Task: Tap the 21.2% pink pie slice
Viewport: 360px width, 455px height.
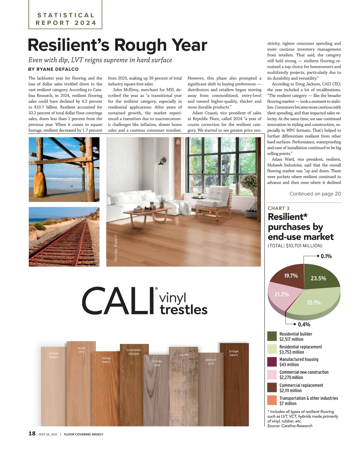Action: point(281,296)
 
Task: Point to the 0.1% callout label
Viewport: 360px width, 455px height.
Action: point(326,256)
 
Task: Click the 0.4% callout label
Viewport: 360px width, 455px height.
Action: point(304,324)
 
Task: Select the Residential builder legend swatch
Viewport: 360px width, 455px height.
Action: point(272,336)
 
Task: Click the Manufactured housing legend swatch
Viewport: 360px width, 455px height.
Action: point(272,362)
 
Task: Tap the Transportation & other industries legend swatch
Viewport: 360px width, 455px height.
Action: point(272,400)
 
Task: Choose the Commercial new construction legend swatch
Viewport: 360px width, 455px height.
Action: point(272,375)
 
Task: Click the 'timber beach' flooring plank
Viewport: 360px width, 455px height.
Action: point(54,387)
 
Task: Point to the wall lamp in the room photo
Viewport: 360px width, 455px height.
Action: point(162,161)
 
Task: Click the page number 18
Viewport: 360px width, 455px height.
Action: point(32,433)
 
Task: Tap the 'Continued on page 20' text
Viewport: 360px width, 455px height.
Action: point(315,194)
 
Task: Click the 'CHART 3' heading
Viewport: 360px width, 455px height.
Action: point(278,208)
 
